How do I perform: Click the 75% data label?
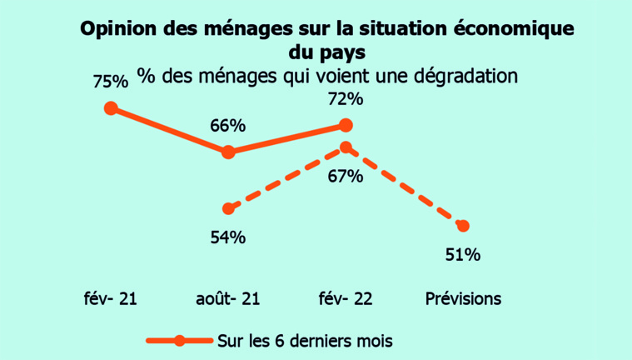pyautogui.click(x=111, y=82)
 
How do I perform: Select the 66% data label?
pyautogui.click(x=227, y=126)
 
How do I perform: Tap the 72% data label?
pyautogui.click(x=346, y=99)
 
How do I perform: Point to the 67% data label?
pyautogui.click(x=346, y=176)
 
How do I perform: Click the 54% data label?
pyautogui.click(x=227, y=237)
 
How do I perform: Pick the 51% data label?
pyautogui.click(x=463, y=255)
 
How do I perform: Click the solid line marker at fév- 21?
pyautogui.click(x=111, y=108)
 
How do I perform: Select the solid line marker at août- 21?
pyautogui.click(x=228, y=152)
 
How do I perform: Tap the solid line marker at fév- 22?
pyautogui.click(x=346, y=126)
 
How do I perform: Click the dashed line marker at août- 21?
pyautogui.click(x=228, y=208)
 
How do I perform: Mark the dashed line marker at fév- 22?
pyautogui.click(x=346, y=148)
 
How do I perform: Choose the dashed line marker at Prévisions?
pyautogui.click(x=463, y=226)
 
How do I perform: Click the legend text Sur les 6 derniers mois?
pyautogui.click(x=305, y=340)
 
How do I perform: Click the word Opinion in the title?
pyautogui.click(x=117, y=29)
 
